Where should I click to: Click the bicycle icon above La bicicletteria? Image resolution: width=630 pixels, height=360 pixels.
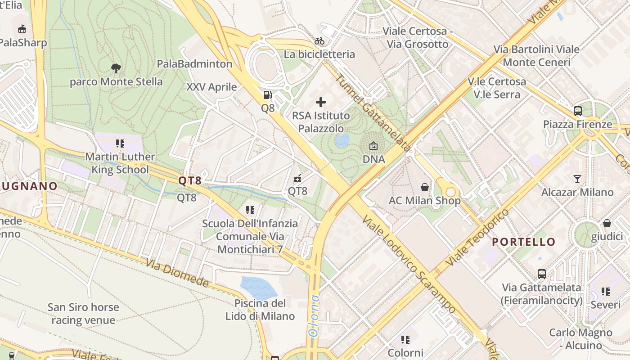point(319,41)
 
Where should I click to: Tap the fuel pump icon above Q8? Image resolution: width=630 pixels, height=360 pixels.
point(267,95)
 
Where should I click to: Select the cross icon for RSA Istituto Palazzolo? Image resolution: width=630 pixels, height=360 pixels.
point(321,103)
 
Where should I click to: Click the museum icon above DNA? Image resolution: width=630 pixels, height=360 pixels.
point(373,146)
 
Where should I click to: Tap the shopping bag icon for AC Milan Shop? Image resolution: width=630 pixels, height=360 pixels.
point(424,187)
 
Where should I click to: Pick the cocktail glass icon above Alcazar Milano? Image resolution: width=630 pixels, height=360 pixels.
point(577,179)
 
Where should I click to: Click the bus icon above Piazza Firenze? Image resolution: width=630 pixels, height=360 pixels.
point(577,111)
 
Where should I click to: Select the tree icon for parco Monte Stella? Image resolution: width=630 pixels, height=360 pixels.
point(116,68)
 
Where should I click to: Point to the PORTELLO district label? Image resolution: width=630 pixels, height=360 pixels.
point(523,242)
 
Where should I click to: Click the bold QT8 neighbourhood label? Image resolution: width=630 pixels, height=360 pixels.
point(189,181)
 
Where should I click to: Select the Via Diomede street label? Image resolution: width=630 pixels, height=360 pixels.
point(177,273)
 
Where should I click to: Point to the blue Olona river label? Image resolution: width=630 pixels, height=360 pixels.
point(313,315)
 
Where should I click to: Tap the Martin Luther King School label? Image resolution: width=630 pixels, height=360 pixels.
point(120,163)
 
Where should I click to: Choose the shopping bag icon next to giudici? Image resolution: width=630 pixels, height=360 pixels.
point(607,223)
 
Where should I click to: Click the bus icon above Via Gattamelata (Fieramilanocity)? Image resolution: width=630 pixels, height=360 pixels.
point(542,274)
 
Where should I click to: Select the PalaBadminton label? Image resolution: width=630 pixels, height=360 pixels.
point(194,64)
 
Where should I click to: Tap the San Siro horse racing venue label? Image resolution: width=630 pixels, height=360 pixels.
point(83,314)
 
